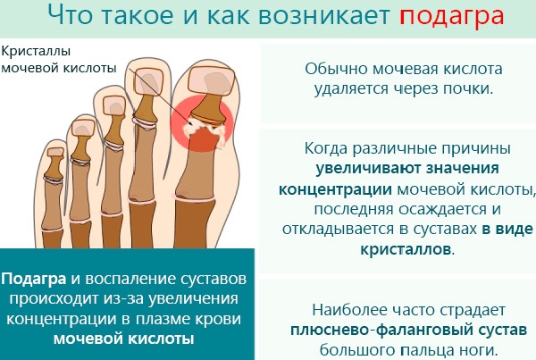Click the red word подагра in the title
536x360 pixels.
[x=452, y=16]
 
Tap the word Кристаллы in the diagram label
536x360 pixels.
[x=36, y=52]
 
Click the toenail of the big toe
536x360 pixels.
[x=212, y=80]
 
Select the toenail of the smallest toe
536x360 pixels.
[x=55, y=152]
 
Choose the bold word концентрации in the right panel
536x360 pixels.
[x=335, y=189]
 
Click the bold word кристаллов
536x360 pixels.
[x=406, y=249]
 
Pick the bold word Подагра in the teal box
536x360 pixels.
[x=34, y=280]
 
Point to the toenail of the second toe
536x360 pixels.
[x=148, y=81]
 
